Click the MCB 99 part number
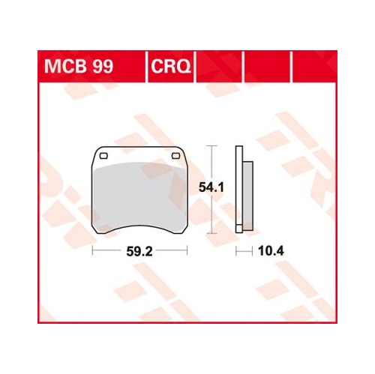[x=79, y=67]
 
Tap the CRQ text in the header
[x=171, y=67]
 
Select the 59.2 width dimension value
[x=139, y=251]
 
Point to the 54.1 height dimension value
[x=211, y=187]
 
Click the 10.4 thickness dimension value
[x=271, y=251]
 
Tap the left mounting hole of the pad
[x=103, y=156]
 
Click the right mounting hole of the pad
[x=176, y=156]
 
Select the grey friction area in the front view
[x=139, y=196]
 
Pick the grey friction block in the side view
[x=247, y=196]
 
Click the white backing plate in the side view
[x=239, y=189]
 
